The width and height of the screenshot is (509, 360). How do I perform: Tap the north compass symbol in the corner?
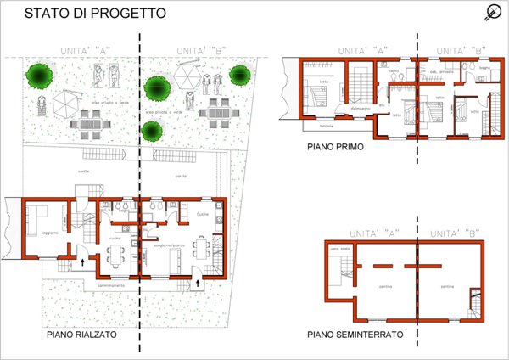click(492, 12)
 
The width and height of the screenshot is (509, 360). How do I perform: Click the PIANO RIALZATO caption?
click(82, 335)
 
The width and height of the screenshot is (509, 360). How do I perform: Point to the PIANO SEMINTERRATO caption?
click(355, 335)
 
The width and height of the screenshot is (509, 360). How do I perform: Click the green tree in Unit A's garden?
click(38, 75)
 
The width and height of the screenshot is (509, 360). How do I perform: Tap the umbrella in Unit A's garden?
click(65, 105)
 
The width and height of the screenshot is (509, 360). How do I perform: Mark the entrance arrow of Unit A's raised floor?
click(82, 263)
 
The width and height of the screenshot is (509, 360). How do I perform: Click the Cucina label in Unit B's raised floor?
click(203, 215)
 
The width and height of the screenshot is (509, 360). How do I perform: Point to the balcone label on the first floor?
click(325, 125)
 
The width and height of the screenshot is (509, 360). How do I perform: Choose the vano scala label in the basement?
click(338, 248)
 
